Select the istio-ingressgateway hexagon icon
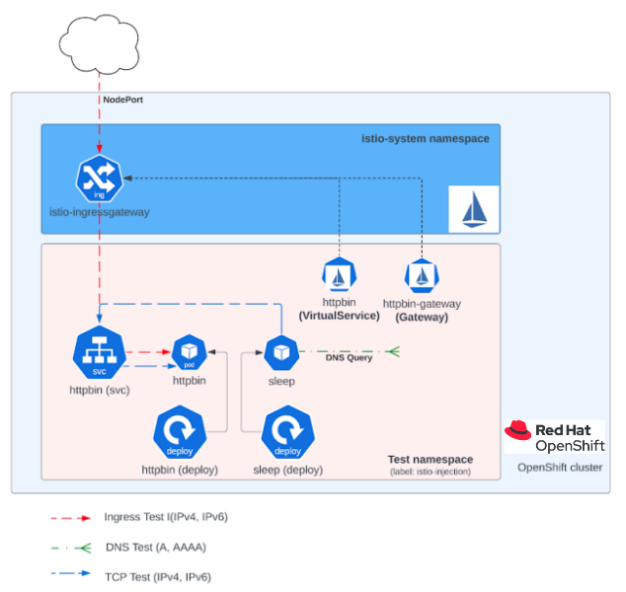coord(99,179)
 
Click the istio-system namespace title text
coord(425,139)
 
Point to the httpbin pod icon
coord(189,352)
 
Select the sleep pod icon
coord(281,352)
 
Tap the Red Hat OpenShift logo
coord(554,436)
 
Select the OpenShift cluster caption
coord(560,468)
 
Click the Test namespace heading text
coord(430,459)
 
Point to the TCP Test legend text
coord(157,576)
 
